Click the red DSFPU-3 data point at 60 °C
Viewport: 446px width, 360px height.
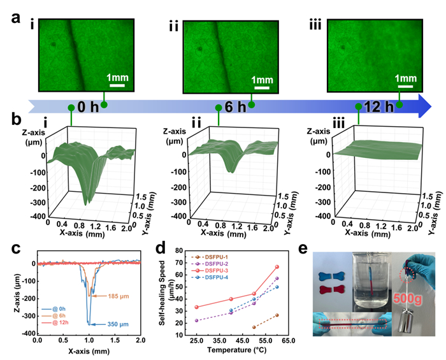pyautogui.click(x=277, y=266)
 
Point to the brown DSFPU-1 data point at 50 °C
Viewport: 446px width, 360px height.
pyautogui.click(x=254, y=327)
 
